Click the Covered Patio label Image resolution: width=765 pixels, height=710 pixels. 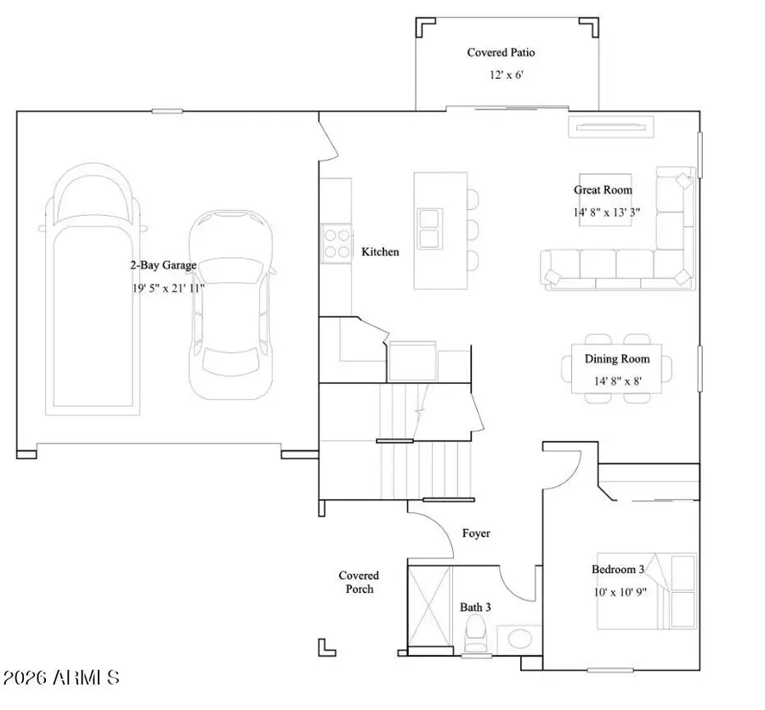coord(501,53)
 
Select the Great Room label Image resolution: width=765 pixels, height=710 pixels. coord(603,190)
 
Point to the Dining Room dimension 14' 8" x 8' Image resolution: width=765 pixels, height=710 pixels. coord(617,380)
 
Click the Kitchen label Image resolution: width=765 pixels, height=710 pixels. coord(380,252)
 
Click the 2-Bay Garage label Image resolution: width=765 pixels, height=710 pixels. coord(163,265)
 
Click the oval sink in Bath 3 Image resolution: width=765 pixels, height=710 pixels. coord(516,638)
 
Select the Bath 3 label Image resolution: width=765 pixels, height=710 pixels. coord(475,607)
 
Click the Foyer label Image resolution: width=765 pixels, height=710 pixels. coord(475,533)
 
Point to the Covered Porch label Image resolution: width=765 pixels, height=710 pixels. coord(359,582)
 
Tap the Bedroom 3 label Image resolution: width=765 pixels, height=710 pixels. coord(618,569)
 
